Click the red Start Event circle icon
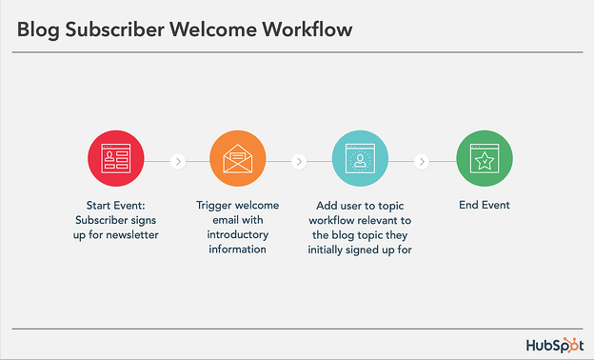click(115, 160)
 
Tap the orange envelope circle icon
click(237, 160)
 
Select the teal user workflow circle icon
click(360, 160)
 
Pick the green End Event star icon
click(484, 160)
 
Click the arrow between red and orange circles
click(177, 161)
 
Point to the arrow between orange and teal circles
click(299, 161)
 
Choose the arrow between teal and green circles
click(421, 161)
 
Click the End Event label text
click(484, 205)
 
